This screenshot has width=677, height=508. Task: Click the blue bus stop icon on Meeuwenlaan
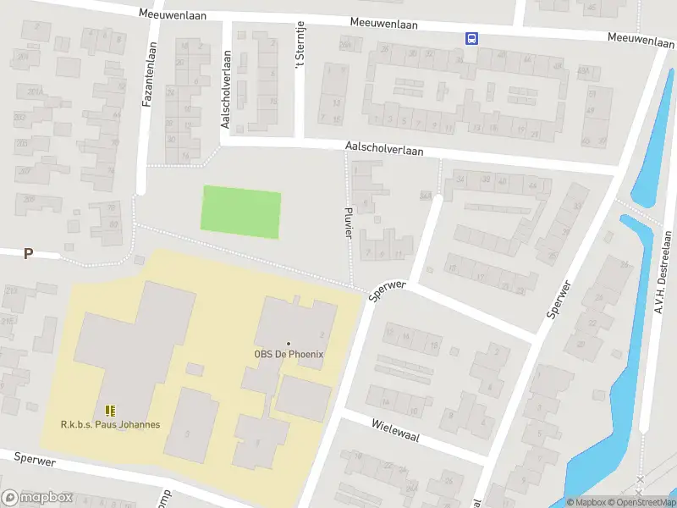(x=471, y=37)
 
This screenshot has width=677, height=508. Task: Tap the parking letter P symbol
(x=28, y=253)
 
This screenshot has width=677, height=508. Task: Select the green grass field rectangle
(x=240, y=212)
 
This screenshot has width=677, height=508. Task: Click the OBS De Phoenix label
(x=289, y=355)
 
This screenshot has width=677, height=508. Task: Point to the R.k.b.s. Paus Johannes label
(x=110, y=424)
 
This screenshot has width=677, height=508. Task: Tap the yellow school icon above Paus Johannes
(x=110, y=411)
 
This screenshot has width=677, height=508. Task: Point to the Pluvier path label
(x=348, y=220)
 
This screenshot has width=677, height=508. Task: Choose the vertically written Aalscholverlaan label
(x=226, y=88)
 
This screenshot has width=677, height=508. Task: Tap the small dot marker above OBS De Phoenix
(x=289, y=344)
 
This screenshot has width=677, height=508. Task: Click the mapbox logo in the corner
(x=37, y=497)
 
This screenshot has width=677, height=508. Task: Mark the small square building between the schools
(x=194, y=369)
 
